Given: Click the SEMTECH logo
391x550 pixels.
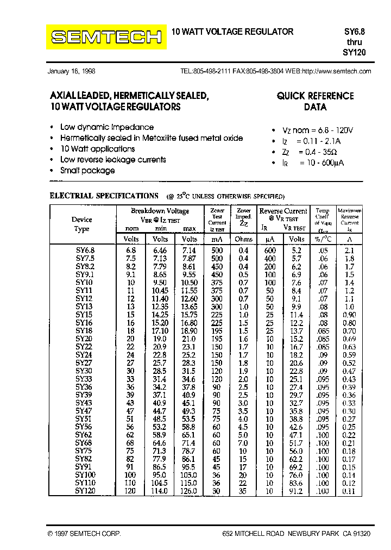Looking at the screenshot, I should [x=106, y=37].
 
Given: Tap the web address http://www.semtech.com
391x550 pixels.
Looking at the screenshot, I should [x=336, y=71].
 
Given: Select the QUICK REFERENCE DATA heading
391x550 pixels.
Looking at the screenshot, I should [x=315, y=101].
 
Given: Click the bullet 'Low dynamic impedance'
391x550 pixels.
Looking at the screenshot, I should [x=99, y=127].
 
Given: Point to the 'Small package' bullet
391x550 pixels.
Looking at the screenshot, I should [x=87, y=171].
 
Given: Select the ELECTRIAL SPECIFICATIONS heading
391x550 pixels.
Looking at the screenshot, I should [x=104, y=196].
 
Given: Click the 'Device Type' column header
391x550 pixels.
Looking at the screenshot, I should [x=81, y=224].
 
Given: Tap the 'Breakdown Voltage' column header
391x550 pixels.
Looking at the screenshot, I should [x=160, y=211].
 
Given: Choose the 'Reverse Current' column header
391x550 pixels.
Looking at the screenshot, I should [x=283, y=211].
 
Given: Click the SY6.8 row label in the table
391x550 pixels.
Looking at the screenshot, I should [x=84, y=251].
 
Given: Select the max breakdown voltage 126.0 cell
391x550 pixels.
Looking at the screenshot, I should [x=189, y=491].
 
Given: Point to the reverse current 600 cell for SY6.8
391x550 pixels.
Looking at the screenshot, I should [x=269, y=251].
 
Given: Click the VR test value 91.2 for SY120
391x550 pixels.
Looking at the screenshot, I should [x=297, y=491].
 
